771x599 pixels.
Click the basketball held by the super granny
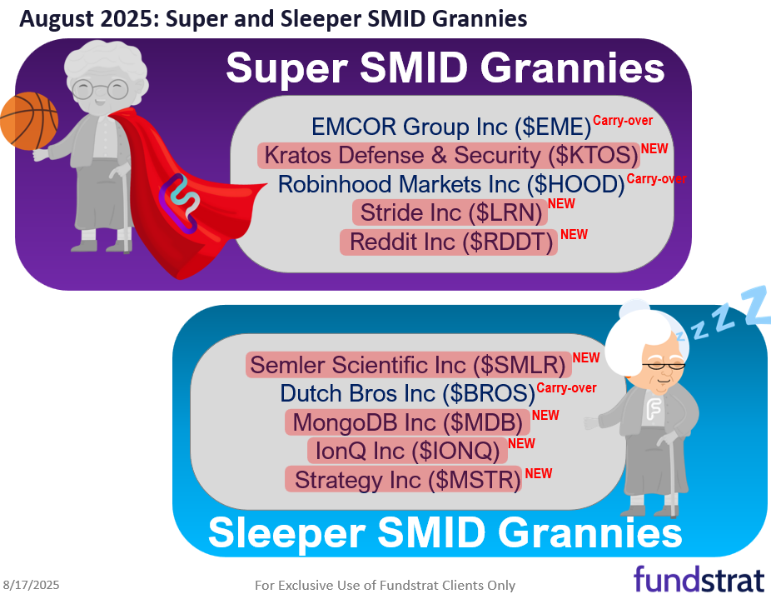(x=27, y=121)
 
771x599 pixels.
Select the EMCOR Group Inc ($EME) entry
(x=450, y=127)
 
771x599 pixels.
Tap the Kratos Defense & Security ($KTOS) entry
(x=449, y=155)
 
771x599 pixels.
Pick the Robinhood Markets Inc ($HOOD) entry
(x=450, y=184)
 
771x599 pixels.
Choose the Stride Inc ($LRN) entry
(x=450, y=212)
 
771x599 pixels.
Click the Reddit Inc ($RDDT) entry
(x=449, y=242)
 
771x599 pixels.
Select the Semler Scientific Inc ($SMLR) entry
(x=408, y=364)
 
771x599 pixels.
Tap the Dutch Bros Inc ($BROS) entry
(x=407, y=393)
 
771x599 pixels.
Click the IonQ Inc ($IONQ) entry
(x=407, y=451)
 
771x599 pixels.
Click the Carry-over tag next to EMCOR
(x=629, y=120)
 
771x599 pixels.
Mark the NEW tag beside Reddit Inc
(x=574, y=235)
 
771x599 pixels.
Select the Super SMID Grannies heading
(x=445, y=68)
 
